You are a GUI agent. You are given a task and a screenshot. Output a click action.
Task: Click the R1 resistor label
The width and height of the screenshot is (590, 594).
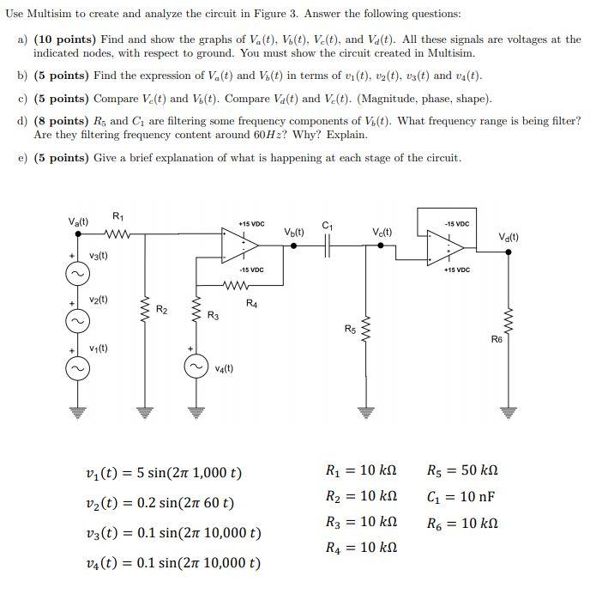(117, 215)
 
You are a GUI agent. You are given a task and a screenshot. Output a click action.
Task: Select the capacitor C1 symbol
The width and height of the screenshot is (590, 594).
(327, 245)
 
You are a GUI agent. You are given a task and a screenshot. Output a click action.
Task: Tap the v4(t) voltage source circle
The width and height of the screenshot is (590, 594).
(196, 367)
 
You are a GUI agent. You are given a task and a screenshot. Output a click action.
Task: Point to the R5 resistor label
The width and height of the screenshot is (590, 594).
(349, 328)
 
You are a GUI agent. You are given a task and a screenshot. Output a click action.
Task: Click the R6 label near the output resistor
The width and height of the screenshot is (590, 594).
(497, 339)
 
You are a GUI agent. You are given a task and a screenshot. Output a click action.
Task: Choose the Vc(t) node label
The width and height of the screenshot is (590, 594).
(382, 232)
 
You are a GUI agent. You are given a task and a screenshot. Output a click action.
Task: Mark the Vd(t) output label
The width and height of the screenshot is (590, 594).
(509, 238)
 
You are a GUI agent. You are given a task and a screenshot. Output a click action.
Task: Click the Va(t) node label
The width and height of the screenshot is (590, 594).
(78, 221)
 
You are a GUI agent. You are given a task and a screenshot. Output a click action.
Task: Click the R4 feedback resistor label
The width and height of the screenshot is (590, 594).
(251, 302)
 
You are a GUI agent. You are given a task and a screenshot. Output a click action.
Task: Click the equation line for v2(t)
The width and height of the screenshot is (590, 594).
(160, 503)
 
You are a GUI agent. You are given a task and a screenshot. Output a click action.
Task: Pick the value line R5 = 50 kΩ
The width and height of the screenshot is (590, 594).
(462, 470)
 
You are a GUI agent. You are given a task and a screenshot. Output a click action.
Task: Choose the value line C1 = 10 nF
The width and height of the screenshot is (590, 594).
(461, 497)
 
